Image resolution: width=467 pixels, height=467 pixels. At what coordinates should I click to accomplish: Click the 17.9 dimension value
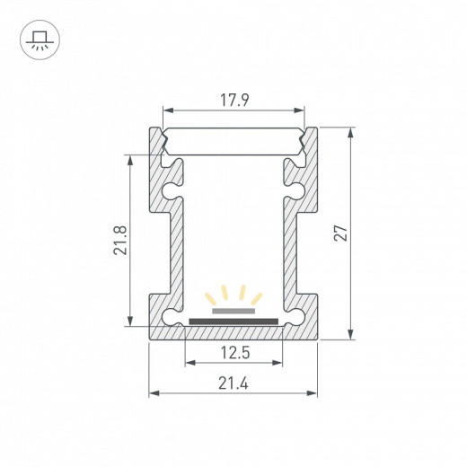tap(234, 100)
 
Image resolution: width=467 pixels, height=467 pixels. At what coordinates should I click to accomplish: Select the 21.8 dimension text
tap(120, 241)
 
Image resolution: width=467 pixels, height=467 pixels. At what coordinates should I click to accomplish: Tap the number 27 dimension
tap(341, 233)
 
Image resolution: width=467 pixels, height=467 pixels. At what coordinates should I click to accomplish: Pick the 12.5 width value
tap(235, 352)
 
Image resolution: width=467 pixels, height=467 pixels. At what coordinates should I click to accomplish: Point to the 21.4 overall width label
tap(233, 383)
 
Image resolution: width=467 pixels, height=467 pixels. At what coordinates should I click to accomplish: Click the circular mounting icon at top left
tap(40, 40)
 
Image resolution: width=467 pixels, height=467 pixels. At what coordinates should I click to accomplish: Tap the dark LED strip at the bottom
tap(233, 322)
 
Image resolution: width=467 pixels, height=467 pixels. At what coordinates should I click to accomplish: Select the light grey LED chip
tap(233, 311)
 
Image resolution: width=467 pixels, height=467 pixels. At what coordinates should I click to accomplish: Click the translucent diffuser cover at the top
tap(233, 141)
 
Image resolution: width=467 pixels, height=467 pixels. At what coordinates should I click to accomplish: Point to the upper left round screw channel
tap(170, 191)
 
